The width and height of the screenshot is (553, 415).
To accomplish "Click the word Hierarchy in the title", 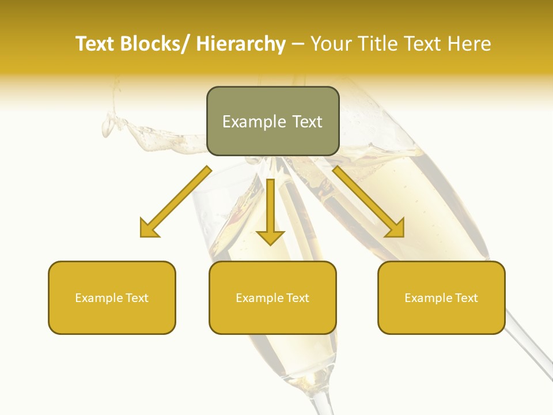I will tap(240, 44).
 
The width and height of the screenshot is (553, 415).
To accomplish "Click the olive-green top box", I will tap(272, 121).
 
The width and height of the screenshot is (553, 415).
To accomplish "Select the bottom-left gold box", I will tap(112, 297).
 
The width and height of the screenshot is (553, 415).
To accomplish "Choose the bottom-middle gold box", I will tap(272, 297).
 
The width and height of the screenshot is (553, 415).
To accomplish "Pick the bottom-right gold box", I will tap(441, 297).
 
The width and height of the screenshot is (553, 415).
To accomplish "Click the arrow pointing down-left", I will tap(176, 202).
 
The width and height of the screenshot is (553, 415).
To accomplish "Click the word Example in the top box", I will tap(253, 122).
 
